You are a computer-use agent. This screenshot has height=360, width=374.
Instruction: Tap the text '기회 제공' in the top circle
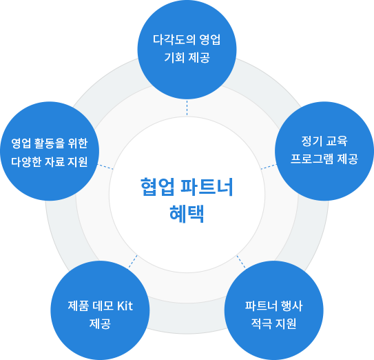pyautogui.click(x=187, y=57)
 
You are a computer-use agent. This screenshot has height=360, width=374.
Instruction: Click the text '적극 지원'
pyautogui.click(x=274, y=323)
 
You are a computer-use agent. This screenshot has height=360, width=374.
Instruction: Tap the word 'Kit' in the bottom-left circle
pyautogui.click(x=125, y=306)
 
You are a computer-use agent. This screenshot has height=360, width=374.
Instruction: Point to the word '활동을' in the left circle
pyautogui.click(x=50, y=143)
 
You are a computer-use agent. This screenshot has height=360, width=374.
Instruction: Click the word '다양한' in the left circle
pyautogui.click(x=26, y=162)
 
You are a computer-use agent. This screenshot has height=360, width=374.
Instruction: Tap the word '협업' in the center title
pyautogui.click(x=157, y=187)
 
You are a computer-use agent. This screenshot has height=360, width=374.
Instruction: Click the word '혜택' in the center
pyautogui.click(x=187, y=214)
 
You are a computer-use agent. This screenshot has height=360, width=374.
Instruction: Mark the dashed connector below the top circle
pyautogui.click(x=187, y=108)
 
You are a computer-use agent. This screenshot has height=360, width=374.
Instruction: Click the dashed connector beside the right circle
pyautogui.click(x=269, y=166)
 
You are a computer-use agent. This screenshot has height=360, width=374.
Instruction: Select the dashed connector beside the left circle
pyautogui.click(x=105, y=166)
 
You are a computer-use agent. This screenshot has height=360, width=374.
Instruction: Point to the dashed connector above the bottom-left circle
pyautogui.click(x=133, y=261)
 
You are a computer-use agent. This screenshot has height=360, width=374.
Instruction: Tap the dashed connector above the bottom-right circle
pyautogui.click(x=241, y=261)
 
